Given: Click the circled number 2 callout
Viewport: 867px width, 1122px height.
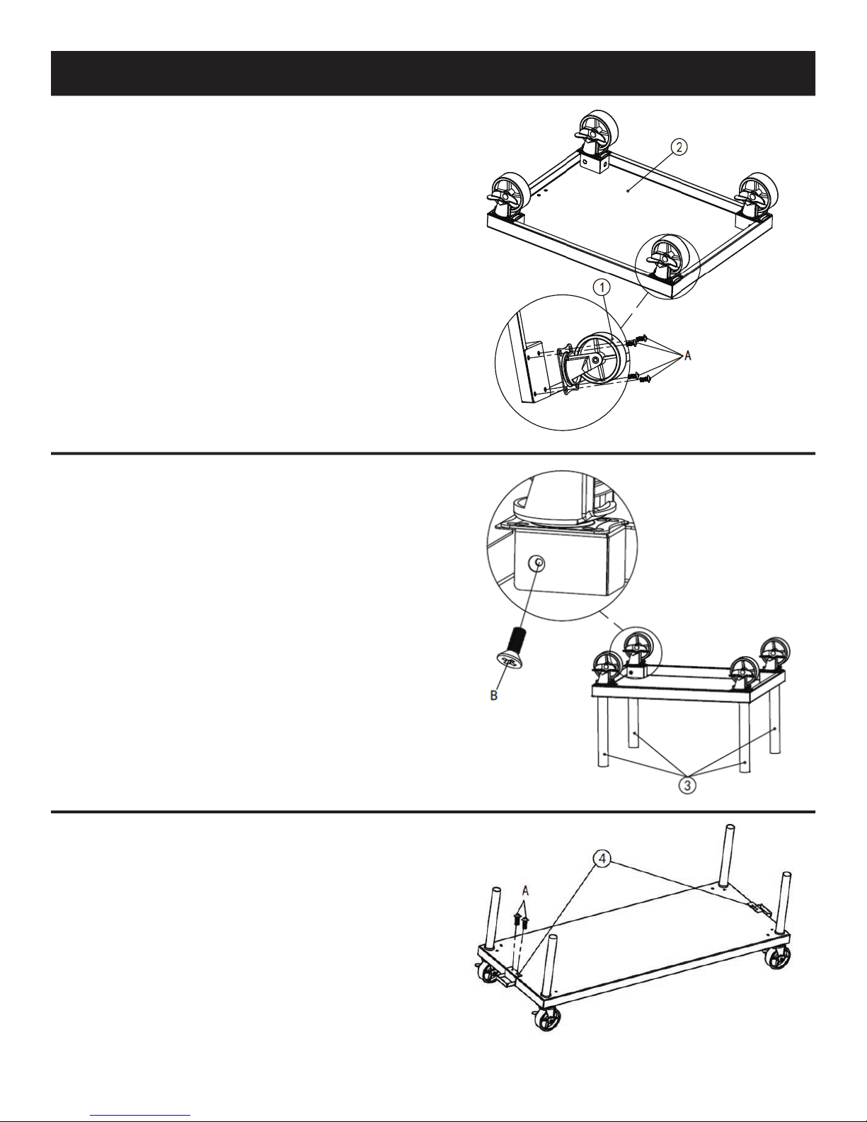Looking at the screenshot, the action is pos(679,147).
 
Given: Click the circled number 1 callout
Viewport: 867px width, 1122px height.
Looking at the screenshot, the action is pos(602,287).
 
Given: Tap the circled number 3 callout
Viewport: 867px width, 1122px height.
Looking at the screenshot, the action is pos(687,786).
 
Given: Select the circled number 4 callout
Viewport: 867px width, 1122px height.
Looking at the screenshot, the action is pos(602,859).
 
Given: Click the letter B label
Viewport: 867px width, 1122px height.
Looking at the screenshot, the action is pos(494,696).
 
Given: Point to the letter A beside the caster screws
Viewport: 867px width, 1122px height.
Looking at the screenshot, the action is pos(687,355).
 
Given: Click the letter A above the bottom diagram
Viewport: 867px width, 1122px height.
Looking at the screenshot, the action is pos(525,891).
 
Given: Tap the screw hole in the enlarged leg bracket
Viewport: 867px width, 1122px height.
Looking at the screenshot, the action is pos(537,563).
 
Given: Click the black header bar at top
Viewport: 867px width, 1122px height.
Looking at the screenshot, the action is pos(432,73).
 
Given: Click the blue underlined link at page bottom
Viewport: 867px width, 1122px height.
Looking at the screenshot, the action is pos(140,1115).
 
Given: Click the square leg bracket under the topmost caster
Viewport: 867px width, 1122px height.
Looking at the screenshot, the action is pos(594,163).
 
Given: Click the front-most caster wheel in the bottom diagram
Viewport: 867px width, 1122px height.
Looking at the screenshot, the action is pos(547,1020).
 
